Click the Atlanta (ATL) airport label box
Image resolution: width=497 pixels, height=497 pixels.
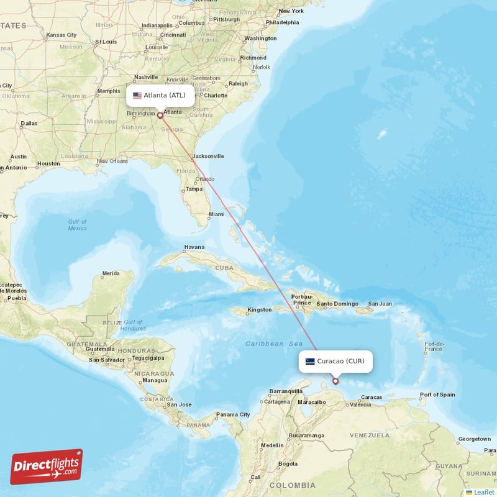pyautogui.click(x=160, y=96)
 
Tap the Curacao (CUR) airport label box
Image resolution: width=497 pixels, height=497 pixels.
pyautogui.click(x=335, y=361)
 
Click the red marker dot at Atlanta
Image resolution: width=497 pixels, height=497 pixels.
pyautogui.click(x=160, y=115)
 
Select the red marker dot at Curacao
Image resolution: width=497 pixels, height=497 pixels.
pyautogui.click(x=335, y=381)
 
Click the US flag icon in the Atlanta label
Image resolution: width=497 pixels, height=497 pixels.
pyautogui.click(x=137, y=96)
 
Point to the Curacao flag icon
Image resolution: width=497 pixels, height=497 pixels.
pyautogui.click(x=310, y=361)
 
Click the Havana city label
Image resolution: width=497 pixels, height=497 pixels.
pyautogui.click(x=194, y=247)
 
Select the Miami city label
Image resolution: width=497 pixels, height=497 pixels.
pyautogui.click(x=216, y=214)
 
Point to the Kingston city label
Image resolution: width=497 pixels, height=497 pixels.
pyautogui.click(x=259, y=309)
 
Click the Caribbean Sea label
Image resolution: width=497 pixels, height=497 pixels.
pyautogui.click(x=273, y=344)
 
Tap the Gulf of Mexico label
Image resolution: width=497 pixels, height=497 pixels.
pyautogui.click(x=78, y=225)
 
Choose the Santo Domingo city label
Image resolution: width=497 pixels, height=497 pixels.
pyautogui.click(x=337, y=304)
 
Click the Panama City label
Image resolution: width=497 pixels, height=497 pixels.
pyautogui.click(x=233, y=414)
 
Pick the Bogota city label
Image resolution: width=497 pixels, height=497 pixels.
pyautogui.click(x=288, y=463)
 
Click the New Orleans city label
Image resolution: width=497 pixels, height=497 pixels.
pyautogui.click(x=112, y=161)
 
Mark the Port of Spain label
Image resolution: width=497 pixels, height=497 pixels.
pyautogui.click(x=437, y=394)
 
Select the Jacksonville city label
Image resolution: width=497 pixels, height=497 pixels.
pyautogui.click(x=208, y=156)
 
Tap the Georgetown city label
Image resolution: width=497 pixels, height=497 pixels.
pyautogui.click(x=475, y=439)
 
